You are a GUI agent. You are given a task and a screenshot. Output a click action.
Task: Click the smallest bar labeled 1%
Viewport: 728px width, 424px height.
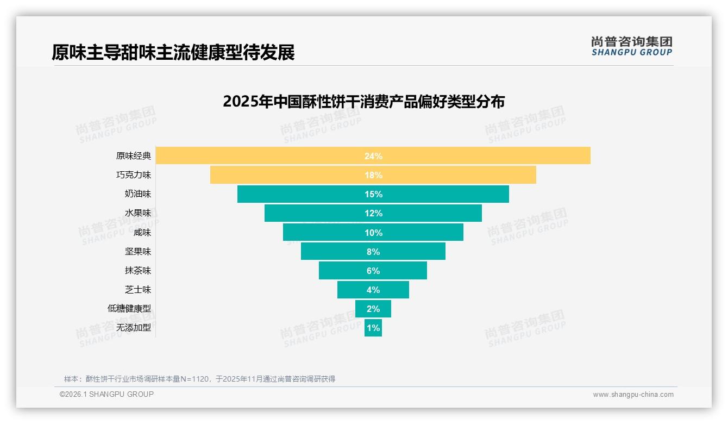tap(373, 328)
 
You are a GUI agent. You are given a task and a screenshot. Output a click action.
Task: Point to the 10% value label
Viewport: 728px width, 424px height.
tap(373, 233)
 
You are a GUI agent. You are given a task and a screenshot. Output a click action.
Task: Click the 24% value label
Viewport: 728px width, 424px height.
tap(373, 156)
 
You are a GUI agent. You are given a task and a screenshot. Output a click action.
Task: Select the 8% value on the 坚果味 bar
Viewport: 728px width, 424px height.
tap(373, 252)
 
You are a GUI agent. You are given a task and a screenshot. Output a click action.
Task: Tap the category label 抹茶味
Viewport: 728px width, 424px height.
tap(138, 271)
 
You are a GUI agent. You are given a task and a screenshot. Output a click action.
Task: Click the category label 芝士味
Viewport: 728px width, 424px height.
tap(138, 290)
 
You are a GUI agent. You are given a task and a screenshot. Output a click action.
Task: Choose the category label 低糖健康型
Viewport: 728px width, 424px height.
tap(129, 309)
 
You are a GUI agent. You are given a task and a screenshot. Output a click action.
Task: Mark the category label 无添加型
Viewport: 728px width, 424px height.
tap(134, 328)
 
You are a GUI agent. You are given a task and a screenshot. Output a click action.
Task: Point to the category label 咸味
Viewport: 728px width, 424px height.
tap(142, 233)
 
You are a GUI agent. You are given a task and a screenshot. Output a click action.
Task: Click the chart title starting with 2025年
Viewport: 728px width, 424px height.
tap(363, 102)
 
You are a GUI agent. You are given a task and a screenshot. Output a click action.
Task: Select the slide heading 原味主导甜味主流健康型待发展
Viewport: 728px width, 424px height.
tap(173, 53)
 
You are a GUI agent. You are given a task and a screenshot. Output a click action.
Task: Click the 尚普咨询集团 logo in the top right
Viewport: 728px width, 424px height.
tap(631, 46)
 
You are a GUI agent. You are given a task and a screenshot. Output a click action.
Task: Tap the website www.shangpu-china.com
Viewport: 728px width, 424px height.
tap(633, 395)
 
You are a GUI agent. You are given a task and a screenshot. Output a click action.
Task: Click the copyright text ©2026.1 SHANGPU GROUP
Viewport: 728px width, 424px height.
tap(106, 394)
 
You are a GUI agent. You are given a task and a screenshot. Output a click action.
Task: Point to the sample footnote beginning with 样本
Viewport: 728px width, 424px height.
tap(199, 379)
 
